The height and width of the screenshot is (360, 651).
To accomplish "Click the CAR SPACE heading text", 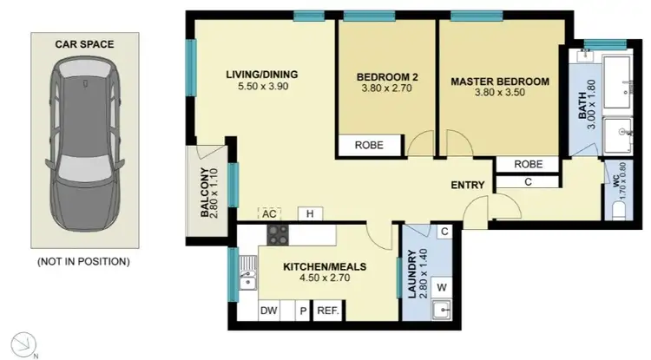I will tap(85, 43).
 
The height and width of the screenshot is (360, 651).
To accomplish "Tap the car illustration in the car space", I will tap(85, 147).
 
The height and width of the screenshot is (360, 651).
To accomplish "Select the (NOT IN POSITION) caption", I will tap(85, 260).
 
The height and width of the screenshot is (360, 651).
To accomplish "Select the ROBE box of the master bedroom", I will tap(528, 163).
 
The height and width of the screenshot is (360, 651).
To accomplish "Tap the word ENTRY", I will tap(467, 185).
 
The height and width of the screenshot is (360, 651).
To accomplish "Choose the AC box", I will tap(268, 213).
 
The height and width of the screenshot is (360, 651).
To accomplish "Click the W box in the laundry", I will tap(441, 287).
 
